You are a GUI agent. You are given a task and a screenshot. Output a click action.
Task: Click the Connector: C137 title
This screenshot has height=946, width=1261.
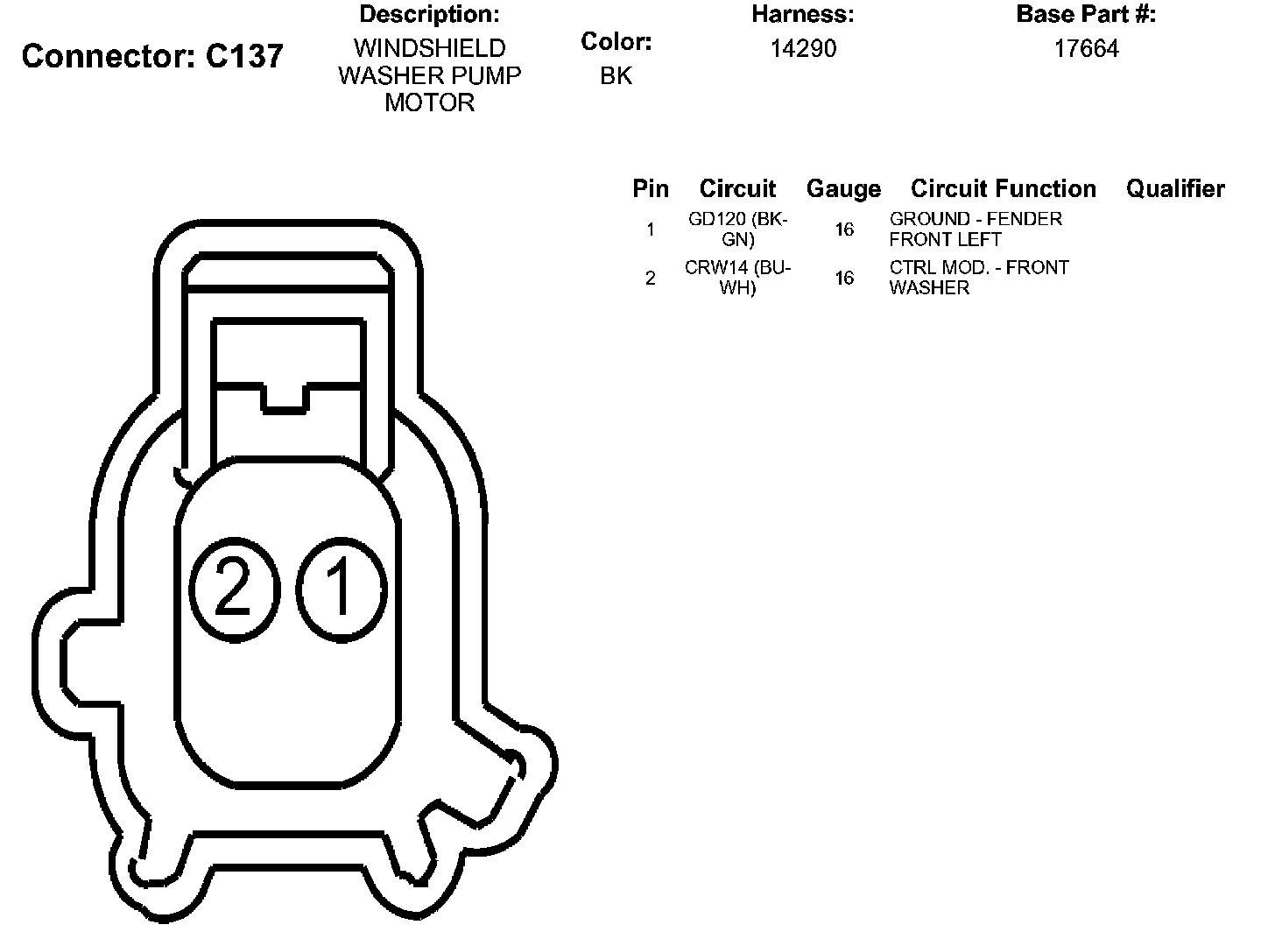152,56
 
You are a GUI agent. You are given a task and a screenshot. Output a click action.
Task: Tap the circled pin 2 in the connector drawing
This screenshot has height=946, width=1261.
235,589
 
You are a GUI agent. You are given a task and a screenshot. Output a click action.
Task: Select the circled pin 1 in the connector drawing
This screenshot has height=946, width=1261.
342,589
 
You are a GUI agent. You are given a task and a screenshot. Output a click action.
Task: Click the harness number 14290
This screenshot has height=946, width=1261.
803,49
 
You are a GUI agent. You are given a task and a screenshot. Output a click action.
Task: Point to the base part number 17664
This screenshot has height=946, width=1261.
1087,49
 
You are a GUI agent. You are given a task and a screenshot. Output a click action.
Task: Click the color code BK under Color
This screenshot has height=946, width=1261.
616,76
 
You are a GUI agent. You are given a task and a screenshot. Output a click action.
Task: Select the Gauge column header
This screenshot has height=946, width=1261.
843,189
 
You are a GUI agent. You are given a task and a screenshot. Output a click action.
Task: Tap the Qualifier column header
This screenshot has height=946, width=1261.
1175,188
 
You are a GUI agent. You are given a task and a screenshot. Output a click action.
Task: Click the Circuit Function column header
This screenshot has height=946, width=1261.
1003,188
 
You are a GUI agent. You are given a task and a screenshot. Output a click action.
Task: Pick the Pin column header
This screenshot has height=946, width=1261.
651,188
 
